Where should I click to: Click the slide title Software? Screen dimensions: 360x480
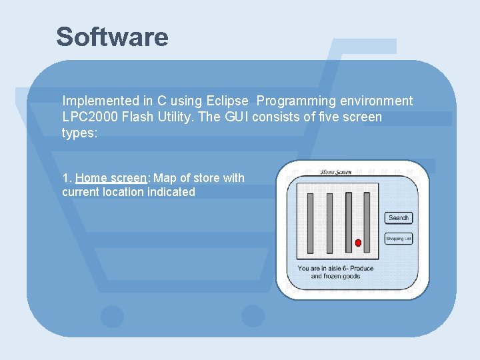(112, 37)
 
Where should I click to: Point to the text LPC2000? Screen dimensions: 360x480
(89, 117)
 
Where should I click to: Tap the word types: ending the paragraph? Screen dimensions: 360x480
(79, 133)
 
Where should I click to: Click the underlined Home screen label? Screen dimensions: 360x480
(111, 178)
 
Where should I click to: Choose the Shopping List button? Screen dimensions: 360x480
(399, 238)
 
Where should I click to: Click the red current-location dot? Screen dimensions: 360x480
(358, 243)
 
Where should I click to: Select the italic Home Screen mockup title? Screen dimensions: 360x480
(337, 172)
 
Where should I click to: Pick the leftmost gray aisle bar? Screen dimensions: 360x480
(310, 223)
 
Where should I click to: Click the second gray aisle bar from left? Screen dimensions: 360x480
(329, 223)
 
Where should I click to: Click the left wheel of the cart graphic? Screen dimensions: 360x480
(112, 316)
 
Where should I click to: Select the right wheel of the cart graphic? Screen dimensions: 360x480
(253, 316)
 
